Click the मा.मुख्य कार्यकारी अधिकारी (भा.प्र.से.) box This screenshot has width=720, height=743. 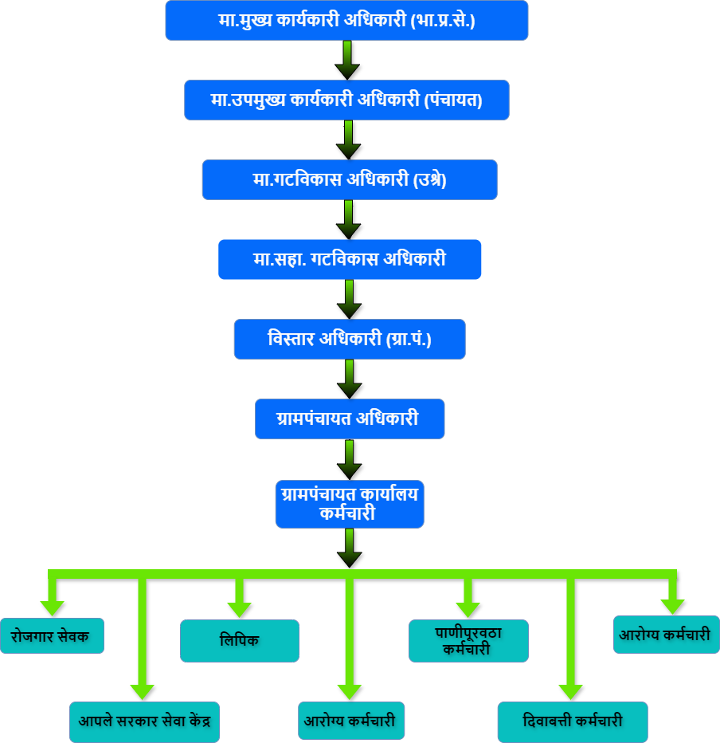point(346,21)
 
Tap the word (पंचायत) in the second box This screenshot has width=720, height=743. point(453,100)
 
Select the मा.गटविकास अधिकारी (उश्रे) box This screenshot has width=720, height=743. point(349,180)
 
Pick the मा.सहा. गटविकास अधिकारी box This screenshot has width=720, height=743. point(349,260)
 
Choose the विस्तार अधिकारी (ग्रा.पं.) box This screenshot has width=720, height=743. point(349,340)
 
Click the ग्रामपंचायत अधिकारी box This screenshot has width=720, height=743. point(349,419)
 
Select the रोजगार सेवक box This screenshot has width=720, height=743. point(51,636)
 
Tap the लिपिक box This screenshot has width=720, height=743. point(239,641)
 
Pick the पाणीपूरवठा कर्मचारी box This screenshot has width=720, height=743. point(468,640)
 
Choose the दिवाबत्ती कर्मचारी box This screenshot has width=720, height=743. point(572,721)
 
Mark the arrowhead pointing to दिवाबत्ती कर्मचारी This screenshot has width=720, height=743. point(571,691)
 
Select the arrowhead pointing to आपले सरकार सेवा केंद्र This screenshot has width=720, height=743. point(143,691)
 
